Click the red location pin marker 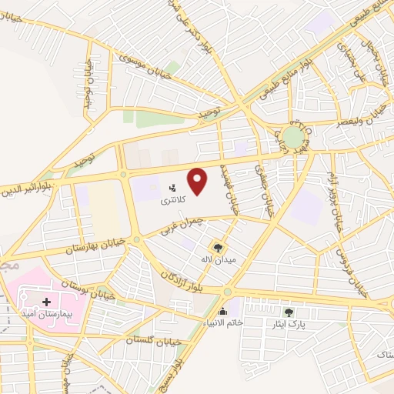(199, 181)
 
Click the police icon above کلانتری (172, 187)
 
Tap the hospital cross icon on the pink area (48, 302)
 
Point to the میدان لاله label (217, 259)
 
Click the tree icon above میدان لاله (219, 247)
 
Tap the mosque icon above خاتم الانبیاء (223, 312)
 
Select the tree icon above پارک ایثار (289, 312)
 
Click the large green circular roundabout (293, 139)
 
